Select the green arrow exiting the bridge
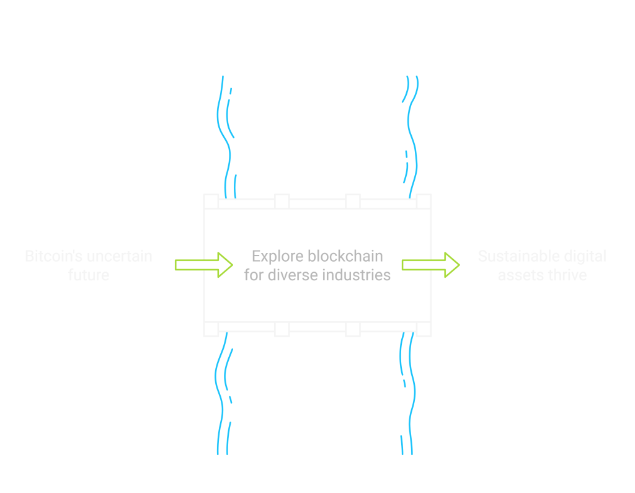point(430,265)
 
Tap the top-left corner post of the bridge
point(211,202)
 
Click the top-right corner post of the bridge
point(424,202)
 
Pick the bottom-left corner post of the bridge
point(211,329)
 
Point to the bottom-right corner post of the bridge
point(424,329)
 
